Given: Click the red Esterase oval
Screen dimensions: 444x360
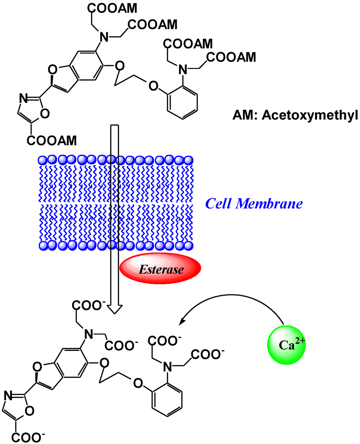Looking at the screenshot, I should pyautogui.click(x=160, y=269).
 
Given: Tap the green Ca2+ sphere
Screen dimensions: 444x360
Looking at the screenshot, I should pyautogui.click(x=287, y=345).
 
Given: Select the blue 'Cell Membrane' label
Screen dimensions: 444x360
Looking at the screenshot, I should pyautogui.click(x=253, y=203).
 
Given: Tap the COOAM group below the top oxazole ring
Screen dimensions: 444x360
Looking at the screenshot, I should pyautogui.click(x=51, y=141).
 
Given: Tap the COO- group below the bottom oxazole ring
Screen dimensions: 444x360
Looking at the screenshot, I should pyautogui.click(x=28, y=437).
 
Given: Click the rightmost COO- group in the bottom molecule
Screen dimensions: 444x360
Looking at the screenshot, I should pyautogui.click(x=207, y=354).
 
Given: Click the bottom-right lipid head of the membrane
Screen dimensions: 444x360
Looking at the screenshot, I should pyautogui.click(x=188, y=245).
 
